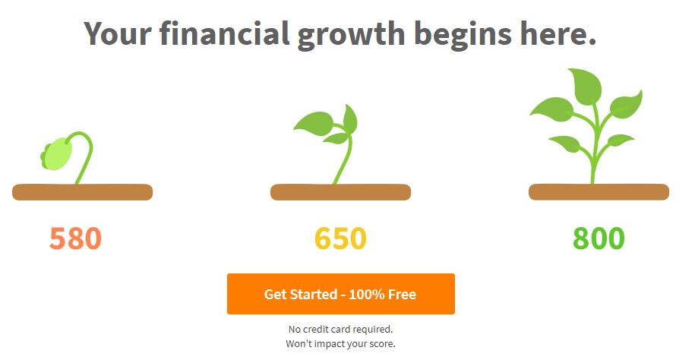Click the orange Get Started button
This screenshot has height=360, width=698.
coord(340,294)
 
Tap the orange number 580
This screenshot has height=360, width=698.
coord(75,238)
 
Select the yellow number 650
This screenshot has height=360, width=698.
coord(340,238)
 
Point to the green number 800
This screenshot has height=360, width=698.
coord(599,238)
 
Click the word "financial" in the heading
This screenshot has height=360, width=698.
coord(224,33)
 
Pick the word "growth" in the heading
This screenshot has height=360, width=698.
coord(351,36)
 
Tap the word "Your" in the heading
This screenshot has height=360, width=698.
coord(118,33)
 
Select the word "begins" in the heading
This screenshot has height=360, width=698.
coord(463,36)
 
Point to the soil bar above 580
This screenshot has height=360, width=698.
coord(82,192)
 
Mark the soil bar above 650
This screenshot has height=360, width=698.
coord(340,192)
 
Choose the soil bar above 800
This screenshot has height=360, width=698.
coord(599,192)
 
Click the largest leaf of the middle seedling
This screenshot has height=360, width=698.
coord(314,122)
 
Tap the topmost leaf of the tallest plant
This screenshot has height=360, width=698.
coord(586,85)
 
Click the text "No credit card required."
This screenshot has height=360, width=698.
coord(340,330)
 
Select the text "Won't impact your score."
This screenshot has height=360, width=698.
coord(340,343)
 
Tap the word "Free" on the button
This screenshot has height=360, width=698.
coord(402,294)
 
